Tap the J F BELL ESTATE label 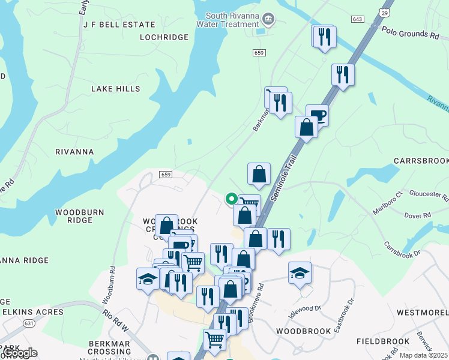[x=119, y=25]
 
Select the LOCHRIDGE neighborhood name [x=164, y=37]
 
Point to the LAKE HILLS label [x=115, y=89]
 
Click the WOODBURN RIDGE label [x=80, y=216]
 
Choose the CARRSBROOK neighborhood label [x=421, y=161]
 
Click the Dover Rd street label [x=418, y=215]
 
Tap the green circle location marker [x=231, y=199]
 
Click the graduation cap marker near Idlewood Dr [x=300, y=274]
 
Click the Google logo [x=19, y=353]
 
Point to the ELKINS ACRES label [x=32, y=312]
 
